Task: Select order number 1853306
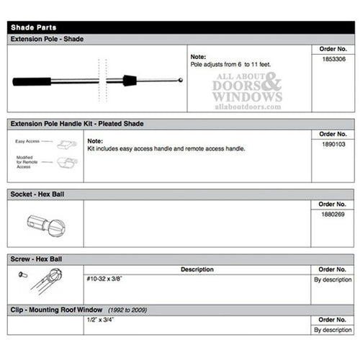332,60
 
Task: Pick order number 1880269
332,214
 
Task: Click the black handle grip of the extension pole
31,81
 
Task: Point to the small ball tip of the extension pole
179,80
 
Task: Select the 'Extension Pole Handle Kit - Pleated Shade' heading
76,124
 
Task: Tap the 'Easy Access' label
28,142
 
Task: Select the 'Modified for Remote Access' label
28,162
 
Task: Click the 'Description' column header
197,269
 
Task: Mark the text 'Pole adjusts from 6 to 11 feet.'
230,64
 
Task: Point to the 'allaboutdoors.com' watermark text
248,107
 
